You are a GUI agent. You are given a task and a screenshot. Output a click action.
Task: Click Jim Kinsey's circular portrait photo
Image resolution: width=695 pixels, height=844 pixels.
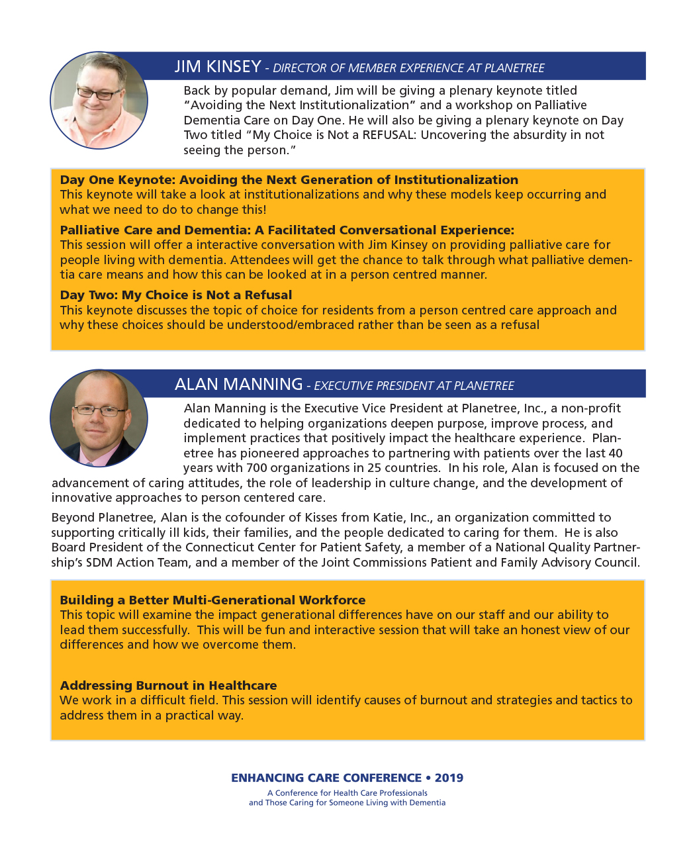tap(99, 101)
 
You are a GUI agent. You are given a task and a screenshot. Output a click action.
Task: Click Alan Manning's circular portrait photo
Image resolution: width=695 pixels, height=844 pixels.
tap(99, 418)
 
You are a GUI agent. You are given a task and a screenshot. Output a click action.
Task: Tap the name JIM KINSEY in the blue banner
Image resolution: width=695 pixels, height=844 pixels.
tap(218, 67)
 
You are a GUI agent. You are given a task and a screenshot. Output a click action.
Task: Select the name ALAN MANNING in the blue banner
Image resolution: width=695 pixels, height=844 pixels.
tap(238, 385)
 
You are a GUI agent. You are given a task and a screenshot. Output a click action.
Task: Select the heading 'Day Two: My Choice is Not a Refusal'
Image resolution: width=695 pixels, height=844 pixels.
tap(175, 295)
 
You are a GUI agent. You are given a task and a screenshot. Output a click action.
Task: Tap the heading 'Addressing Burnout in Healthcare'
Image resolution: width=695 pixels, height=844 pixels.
tap(168, 686)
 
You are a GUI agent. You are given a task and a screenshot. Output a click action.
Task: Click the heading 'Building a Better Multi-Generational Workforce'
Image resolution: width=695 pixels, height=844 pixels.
tap(212, 600)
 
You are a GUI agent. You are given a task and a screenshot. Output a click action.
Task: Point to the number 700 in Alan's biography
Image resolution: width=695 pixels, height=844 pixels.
tap(257, 468)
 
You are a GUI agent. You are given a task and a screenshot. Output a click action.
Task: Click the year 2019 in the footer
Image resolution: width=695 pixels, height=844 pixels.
tap(449, 778)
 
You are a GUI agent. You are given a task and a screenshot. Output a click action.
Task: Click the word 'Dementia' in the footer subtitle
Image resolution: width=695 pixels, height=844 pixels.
tap(428, 803)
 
